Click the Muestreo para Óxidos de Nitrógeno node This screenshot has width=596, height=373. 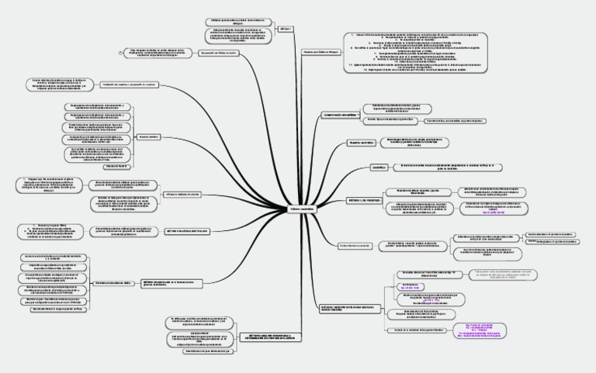pos(321,53)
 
